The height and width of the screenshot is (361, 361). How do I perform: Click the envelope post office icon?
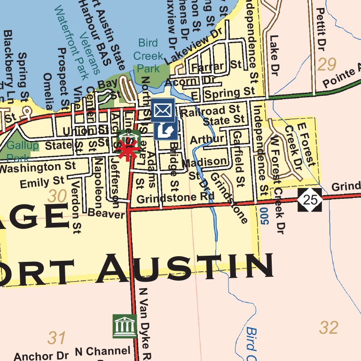[163, 110]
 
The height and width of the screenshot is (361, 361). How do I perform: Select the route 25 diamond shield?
[310, 200]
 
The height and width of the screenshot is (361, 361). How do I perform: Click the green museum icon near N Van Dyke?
[125, 326]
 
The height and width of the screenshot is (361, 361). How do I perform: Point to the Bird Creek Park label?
[148, 55]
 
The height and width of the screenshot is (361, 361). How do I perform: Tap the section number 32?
[328, 328]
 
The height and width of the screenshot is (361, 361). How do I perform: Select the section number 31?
[57, 337]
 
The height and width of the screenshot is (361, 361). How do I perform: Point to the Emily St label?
[42, 181]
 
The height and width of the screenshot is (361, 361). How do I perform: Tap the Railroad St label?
[210, 111]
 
